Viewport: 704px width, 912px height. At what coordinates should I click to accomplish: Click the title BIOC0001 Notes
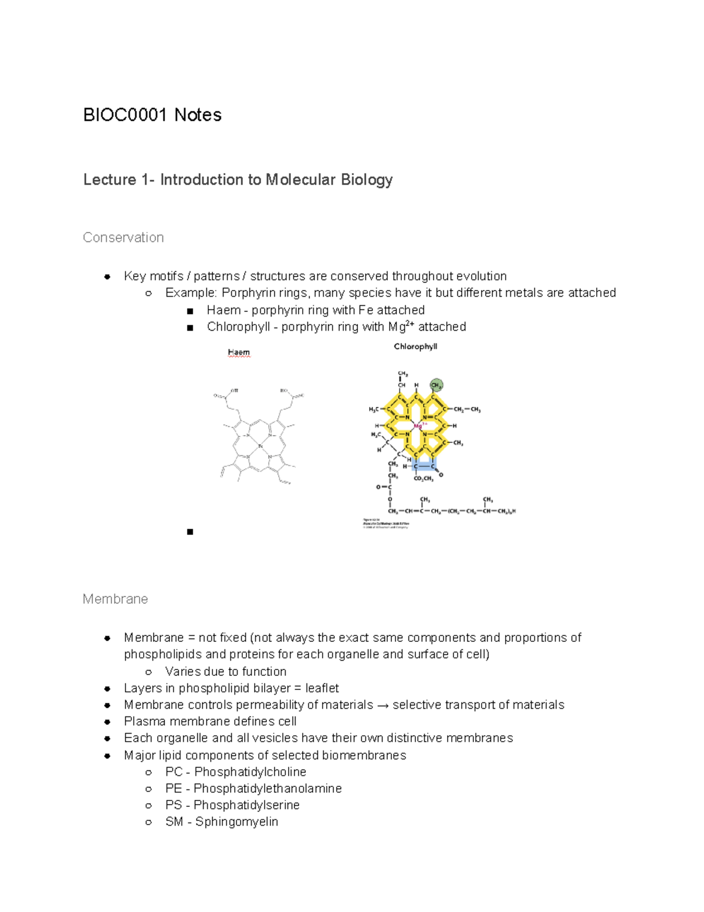[x=153, y=115]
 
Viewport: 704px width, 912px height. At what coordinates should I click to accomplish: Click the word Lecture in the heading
[x=110, y=180]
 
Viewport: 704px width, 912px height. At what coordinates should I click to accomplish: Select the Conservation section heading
[x=123, y=237]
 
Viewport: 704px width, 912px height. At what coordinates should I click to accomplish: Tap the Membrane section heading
[x=115, y=599]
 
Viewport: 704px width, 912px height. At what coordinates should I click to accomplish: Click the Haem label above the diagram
[x=239, y=352]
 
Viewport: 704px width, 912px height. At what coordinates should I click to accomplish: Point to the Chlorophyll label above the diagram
[x=415, y=346]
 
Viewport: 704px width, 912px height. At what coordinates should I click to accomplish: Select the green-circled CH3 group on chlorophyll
[x=436, y=385]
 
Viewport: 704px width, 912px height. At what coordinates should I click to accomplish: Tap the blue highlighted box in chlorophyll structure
[x=424, y=466]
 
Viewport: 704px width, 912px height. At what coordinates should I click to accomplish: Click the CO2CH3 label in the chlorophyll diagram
[x=424, y=479]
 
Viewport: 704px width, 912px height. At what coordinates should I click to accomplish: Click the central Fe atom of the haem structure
[x=260, y=446]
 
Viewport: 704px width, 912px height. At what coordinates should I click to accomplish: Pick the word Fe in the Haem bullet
[x=365, y=310]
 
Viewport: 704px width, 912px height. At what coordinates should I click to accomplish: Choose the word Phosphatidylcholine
[x=250, y=772]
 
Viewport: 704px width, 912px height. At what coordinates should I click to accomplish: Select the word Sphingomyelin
[x=236, y=822]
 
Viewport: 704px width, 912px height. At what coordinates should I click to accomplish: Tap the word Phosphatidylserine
[x=246, y=805]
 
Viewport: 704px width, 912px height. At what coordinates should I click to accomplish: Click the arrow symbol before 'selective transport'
[x=383, y=705]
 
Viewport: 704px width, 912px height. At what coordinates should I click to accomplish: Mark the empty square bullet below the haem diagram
[x=189, y=532]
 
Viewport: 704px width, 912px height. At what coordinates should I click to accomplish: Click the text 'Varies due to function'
[x=226, y=671]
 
